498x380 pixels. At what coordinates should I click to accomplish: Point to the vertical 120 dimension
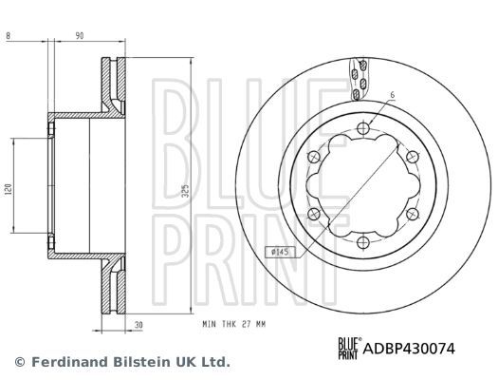point(9,188)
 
